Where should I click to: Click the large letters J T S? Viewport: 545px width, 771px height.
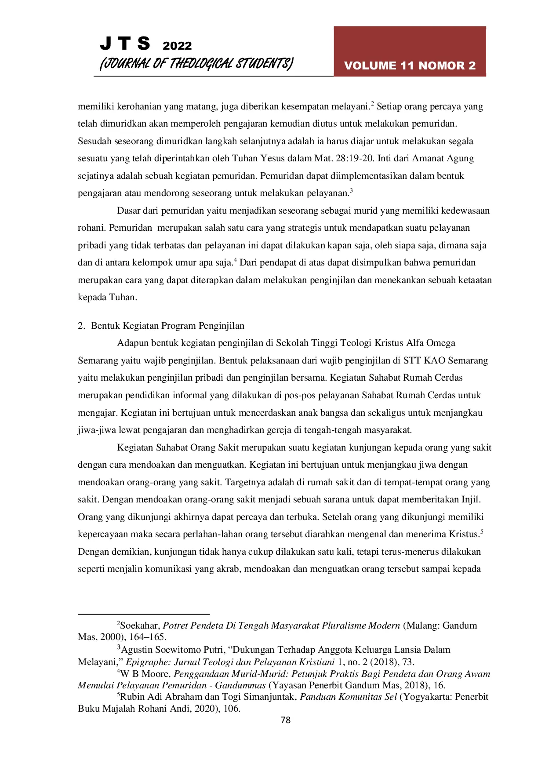click(125, 44)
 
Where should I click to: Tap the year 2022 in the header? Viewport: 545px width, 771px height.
click(177, 46)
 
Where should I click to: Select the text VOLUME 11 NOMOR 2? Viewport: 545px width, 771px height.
click(410, 65)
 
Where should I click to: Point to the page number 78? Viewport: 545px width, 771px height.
click(285, 720)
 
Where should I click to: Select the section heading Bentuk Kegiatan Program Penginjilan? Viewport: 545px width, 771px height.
click(167, 326)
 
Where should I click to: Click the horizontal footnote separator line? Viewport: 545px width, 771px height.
click(143, 614)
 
